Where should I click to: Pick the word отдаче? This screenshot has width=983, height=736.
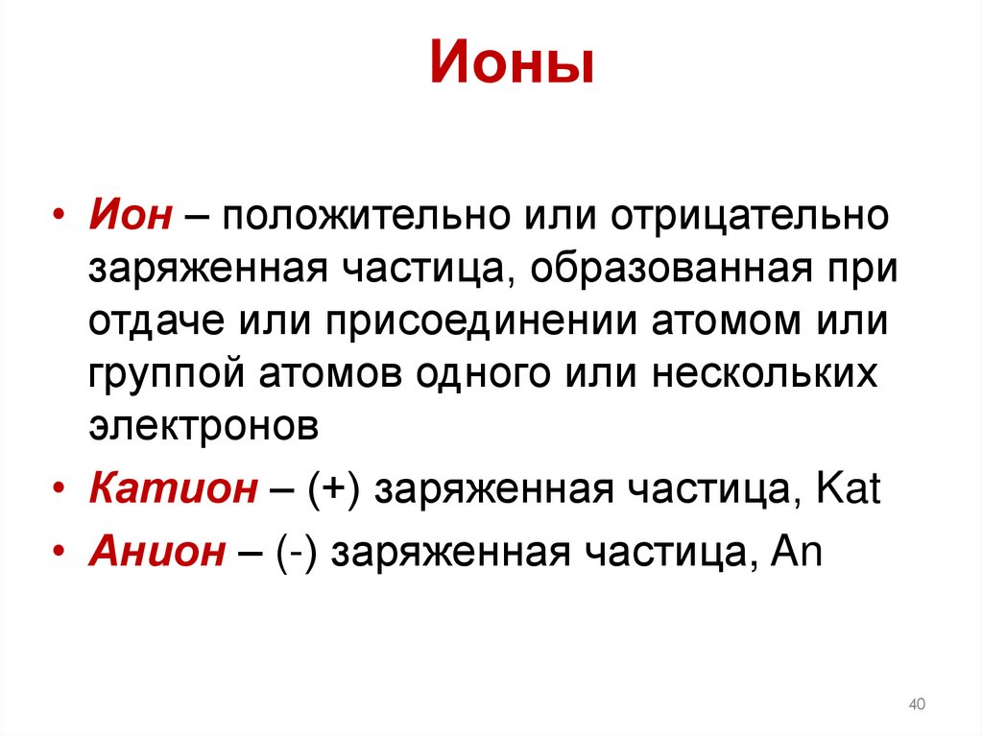(x=145, y=321)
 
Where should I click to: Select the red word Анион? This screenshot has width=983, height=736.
(x=157, y=553)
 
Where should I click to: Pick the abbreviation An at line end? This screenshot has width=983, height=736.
(x=796, y=553)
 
